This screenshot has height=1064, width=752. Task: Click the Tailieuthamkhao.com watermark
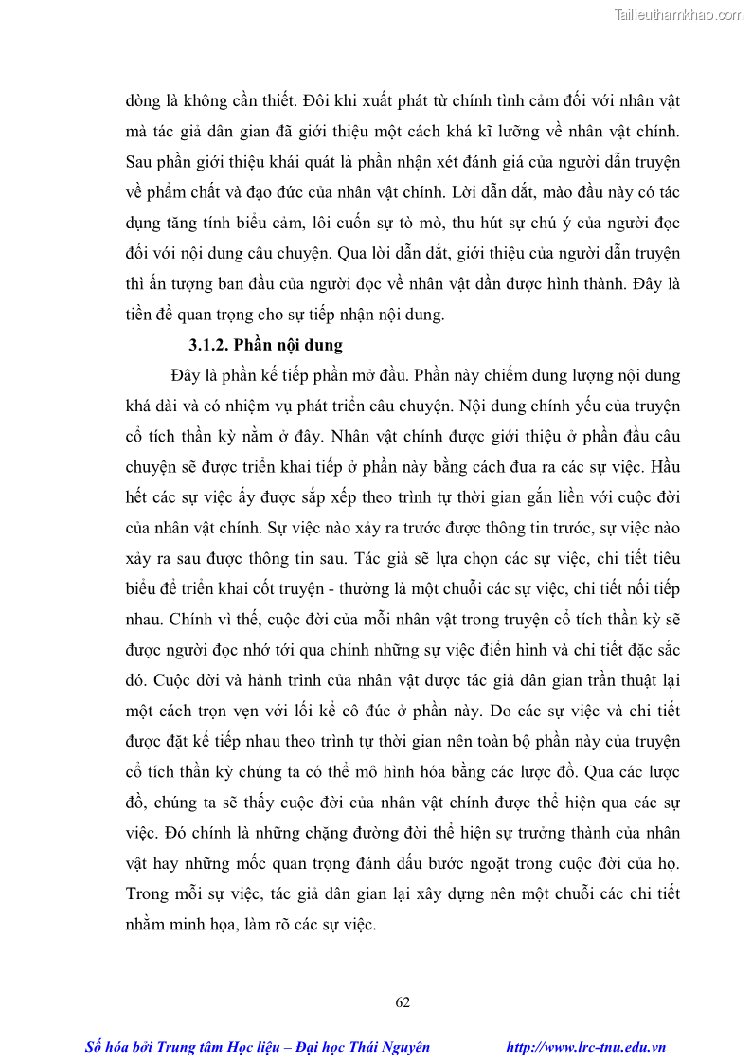679,14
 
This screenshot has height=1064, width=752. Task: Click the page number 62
403,1002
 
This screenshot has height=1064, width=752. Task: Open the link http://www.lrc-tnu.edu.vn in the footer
586,1047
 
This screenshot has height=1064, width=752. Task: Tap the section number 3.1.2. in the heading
209,344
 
